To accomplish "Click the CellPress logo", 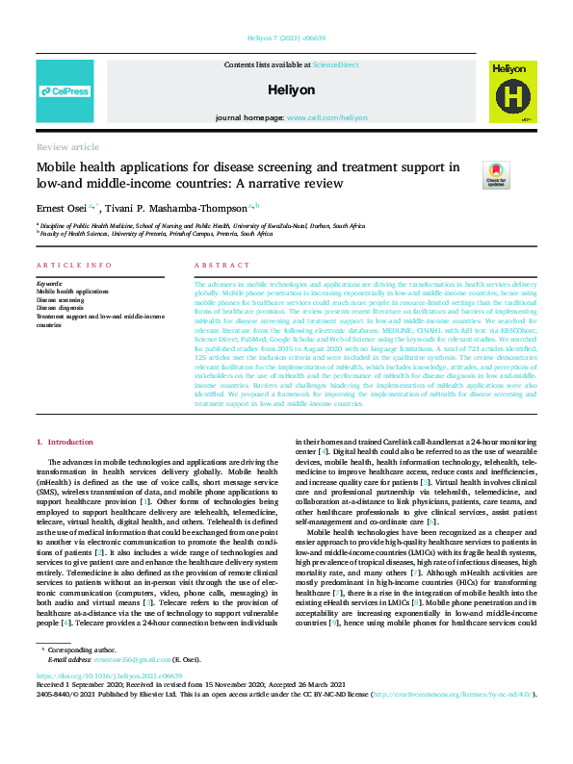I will pos(65,91).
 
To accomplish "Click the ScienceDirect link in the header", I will pos(335,64).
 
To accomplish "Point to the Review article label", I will pos(67,147).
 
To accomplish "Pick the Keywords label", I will pos(49,284).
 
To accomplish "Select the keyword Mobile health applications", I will pos(73,292).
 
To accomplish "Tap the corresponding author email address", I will pos(118,686).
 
